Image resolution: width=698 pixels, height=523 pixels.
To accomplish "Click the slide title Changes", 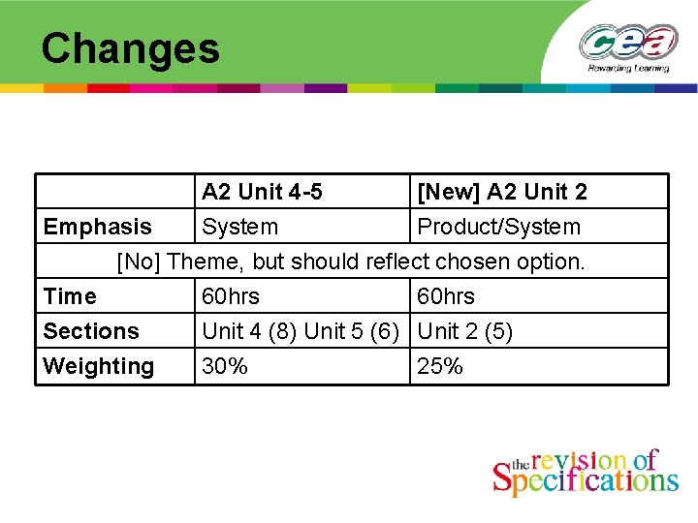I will tap(131, 48).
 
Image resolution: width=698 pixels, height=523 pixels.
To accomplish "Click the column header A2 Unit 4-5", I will tap(262, 192).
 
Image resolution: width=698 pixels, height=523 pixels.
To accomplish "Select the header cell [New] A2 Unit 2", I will tap(501, 192).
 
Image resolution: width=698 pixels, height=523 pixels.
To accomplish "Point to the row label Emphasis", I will tap(98, 227).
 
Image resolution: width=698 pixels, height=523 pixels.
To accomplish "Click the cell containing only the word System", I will tap(239, 227).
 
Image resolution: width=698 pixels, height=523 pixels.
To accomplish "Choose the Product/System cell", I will tap(498, 227).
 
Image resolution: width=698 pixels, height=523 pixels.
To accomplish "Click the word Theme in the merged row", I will tap(204, 261).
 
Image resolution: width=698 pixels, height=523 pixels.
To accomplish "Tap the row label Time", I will tap(70, 296).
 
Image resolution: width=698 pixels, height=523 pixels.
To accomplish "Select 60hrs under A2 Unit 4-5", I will tap(231, 296).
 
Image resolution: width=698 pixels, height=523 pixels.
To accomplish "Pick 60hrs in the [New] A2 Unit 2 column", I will tap(446, 296).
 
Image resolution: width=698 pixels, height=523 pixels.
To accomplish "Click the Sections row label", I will tap(91, 331).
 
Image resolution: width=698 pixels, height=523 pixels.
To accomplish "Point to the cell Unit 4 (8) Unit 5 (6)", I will tap(301, 331).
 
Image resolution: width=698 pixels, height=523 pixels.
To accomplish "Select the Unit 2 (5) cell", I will tap(465, 331).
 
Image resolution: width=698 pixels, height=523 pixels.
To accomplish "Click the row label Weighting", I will tap(99, 366).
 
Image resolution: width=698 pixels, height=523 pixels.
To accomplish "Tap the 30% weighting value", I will tap(225, 366).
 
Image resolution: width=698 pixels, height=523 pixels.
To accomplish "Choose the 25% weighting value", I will tap(440, 366).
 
